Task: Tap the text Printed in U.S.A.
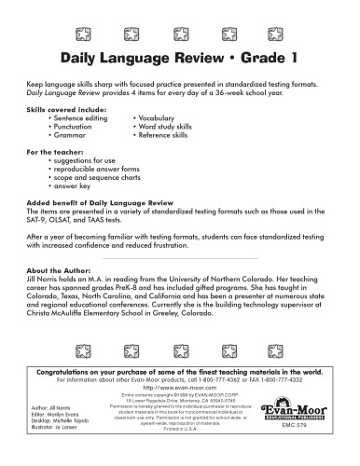click(x=181, y=429)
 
